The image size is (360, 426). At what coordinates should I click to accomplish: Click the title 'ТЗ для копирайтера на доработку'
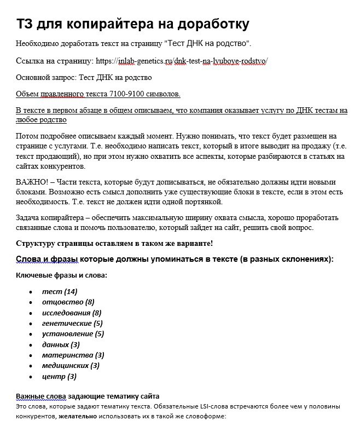point(133,24)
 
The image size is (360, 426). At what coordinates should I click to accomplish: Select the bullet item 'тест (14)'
point(60,291)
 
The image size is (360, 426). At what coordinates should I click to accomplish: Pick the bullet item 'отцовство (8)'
point(68,302)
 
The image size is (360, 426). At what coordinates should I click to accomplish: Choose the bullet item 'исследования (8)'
point(72,313)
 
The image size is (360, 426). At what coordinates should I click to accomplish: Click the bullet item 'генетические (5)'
point(72,323)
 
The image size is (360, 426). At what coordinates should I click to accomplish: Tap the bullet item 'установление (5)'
point(73,333)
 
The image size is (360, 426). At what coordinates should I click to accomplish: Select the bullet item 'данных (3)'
point(61,344)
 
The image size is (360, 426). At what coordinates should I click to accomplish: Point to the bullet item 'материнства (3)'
point(73,355)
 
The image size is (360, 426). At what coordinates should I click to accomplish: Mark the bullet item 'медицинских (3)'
point(71,365)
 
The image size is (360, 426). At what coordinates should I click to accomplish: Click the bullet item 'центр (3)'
point(59,376)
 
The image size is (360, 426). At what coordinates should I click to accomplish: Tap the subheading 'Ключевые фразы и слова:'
point(61,275)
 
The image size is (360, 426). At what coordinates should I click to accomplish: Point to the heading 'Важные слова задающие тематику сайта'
point(88,396)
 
